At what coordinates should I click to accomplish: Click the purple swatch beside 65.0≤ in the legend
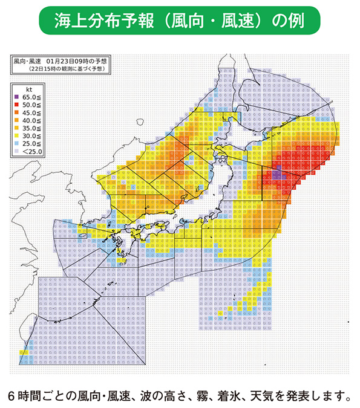[18, 97]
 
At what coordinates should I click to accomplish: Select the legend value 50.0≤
[30, 105]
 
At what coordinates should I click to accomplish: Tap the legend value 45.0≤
[30, 113]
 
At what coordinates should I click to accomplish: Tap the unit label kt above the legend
[26, 89]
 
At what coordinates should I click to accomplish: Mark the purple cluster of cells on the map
[276, 176]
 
